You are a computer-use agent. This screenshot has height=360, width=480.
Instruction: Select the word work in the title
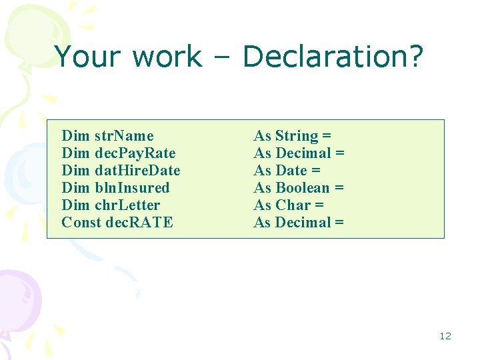tap(167, 57)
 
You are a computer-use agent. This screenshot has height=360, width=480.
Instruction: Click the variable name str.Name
tap(124, 136)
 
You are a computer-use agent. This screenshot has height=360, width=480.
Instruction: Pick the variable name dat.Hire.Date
tap(137, 171)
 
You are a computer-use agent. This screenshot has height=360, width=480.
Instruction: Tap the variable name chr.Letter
tap(127, 205)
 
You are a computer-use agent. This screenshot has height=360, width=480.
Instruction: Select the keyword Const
tap(81, 223)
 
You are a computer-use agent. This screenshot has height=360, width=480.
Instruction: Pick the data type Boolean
tap(302, 188)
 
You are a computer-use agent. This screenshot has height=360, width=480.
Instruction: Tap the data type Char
tap(293, 205)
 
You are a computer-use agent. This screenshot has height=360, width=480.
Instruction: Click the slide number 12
tap(445, 336)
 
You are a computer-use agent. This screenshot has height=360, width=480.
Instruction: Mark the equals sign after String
tap(327, 136)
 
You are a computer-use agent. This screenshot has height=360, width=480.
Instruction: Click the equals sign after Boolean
tap(339, 188)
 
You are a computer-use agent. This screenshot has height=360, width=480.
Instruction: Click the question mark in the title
tap(415, 57)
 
